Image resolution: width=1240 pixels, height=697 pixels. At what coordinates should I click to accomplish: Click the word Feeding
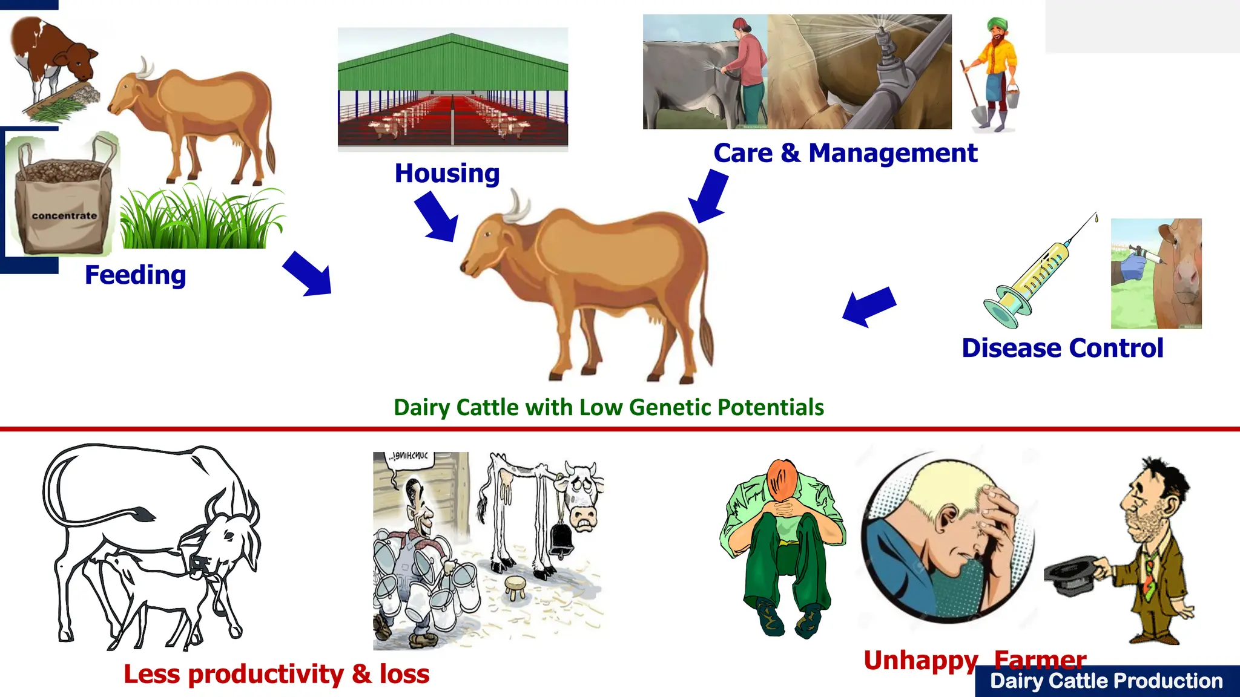pos(135,275)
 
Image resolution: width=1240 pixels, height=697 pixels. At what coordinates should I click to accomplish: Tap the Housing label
pos(447,174)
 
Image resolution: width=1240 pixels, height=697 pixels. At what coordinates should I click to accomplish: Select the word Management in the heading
pos(892,153)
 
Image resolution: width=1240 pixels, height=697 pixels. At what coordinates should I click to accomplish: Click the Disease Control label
pos(1062,348)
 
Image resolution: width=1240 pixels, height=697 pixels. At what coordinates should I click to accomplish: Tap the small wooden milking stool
pos(516,586)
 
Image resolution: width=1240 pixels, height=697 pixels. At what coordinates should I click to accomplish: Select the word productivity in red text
pos(266,675)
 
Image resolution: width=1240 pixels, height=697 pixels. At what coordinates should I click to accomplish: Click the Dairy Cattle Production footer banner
pos(1106,681)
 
